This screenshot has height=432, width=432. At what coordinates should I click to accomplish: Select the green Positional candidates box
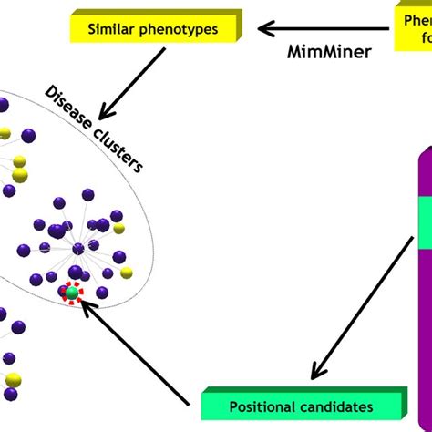pyautogui.click(x=301, y=405)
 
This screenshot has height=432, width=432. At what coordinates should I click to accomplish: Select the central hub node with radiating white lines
pyautogui.click(x=79, y=247)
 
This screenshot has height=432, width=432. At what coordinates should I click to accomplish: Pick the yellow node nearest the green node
pyautogui.click(x=126, y=272)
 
